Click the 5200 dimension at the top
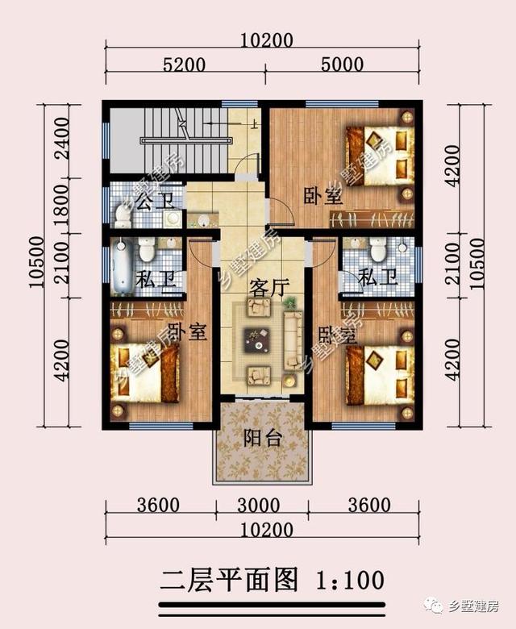(184, 65)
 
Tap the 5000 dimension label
(342, 65)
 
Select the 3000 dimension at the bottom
(258, 506)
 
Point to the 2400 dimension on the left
(63, 139)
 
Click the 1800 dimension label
(63, 206)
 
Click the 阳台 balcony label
(263, 438)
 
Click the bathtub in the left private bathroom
(121, 265)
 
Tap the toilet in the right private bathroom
(377, 248)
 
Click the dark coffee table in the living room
(257, 340)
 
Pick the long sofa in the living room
(293, 341)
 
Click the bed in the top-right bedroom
(380, 156)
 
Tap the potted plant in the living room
(290, 302)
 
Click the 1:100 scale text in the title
(350, 580)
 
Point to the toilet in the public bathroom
(122, 215)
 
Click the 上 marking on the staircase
(254, 124)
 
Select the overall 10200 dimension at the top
(266, 40)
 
